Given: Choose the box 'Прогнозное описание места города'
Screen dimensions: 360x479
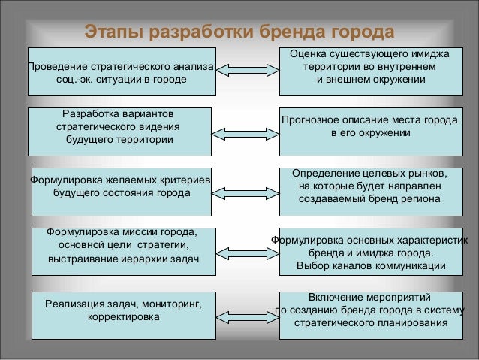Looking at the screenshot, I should pyautogui.click(x=370, y=127).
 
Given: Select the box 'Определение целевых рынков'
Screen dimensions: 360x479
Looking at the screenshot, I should pyautogui.click(x=370, y=187).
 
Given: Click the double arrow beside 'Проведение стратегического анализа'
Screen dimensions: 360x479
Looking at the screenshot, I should pyautogui.click(x=246, y=73).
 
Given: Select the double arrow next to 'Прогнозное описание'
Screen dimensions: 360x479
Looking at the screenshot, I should pyautogui.click(x=246, y=133).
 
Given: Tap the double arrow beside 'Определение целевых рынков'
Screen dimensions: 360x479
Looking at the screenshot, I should pyautogui.click(x=246, y=187).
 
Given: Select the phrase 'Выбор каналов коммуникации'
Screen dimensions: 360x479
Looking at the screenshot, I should pyautogui.click(x=370, y=265).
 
